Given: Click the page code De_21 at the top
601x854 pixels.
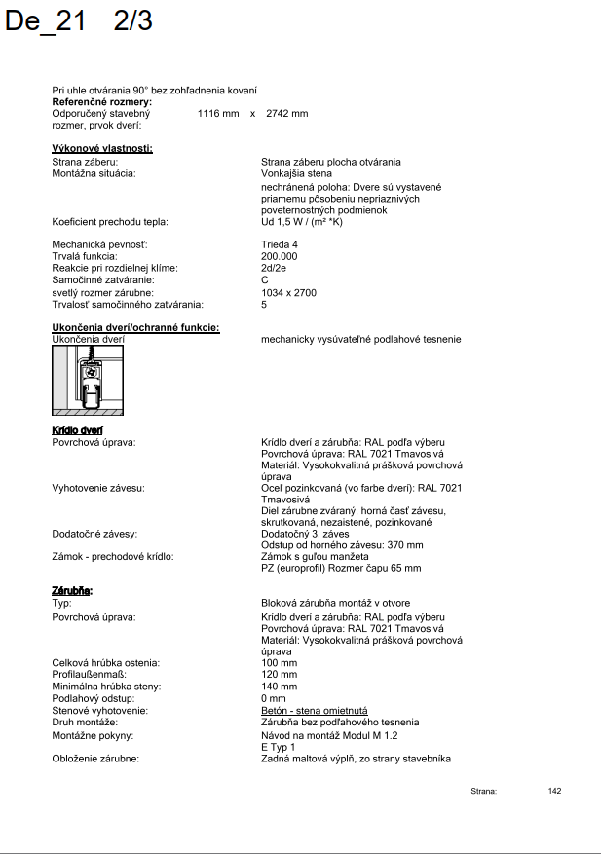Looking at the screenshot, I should coord(45,22).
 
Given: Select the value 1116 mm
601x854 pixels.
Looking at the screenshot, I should coord(218,114).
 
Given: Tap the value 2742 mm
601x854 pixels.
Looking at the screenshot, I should coord(286,114).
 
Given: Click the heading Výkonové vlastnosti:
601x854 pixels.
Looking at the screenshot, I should coord(102,148).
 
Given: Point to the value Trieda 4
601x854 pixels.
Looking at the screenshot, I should coord(281,244).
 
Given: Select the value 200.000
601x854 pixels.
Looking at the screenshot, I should coord(280,256).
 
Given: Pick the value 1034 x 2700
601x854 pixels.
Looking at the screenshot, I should coord(288,292).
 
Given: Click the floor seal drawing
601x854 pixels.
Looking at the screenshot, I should coord(88,380).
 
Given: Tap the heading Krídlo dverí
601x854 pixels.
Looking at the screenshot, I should coord(78,429).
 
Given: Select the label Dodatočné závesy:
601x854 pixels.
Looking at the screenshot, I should coord(94,534).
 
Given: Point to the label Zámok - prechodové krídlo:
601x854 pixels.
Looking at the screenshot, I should coord(112,556).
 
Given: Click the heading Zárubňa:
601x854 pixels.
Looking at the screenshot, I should coord(72,591).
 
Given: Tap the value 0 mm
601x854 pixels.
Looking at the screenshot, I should coord(274,698).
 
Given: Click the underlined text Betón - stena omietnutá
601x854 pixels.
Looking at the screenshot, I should coord(314,711).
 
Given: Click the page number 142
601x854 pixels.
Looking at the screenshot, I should coord(554,791).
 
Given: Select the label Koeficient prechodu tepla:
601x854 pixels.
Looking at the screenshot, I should coord(111,221).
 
